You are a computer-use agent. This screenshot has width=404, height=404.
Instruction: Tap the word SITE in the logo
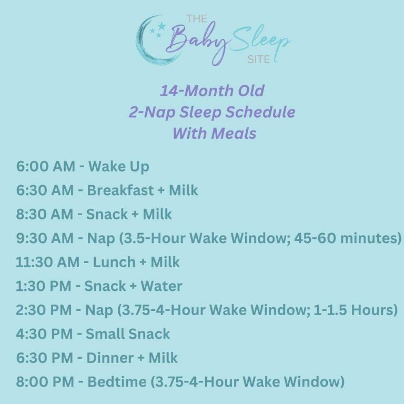(x=258, y=59)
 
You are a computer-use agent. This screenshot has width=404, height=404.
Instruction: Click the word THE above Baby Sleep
(x=197, y=19)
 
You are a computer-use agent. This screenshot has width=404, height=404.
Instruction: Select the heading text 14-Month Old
(x=212, y=90)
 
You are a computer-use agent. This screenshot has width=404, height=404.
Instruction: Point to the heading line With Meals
(x=214, y=133)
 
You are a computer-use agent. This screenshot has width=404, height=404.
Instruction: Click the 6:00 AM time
(x=45, y=166)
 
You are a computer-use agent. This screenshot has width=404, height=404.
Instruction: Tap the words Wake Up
(x=119, y=166)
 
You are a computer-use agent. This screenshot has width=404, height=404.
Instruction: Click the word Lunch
(x=116, y=262)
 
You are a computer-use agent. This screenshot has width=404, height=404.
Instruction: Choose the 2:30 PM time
(x=45, y=310)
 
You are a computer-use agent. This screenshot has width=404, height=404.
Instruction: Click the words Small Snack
(x=128, y=334)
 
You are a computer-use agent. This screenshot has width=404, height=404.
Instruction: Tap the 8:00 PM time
(x=45, y=382)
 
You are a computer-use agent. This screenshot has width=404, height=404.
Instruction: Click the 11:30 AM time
(x=48, y=262)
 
